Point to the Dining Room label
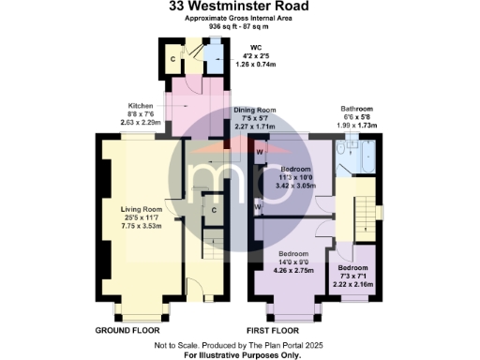(x=254, y=111)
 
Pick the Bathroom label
(x=356, y=109)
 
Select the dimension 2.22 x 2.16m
(x=353, y=284)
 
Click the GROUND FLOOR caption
(x=127, y=331)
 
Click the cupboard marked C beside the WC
(x=173, y=60)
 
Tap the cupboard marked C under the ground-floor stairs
(x=215, y=209)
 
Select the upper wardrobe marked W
(x=259, y=151)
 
